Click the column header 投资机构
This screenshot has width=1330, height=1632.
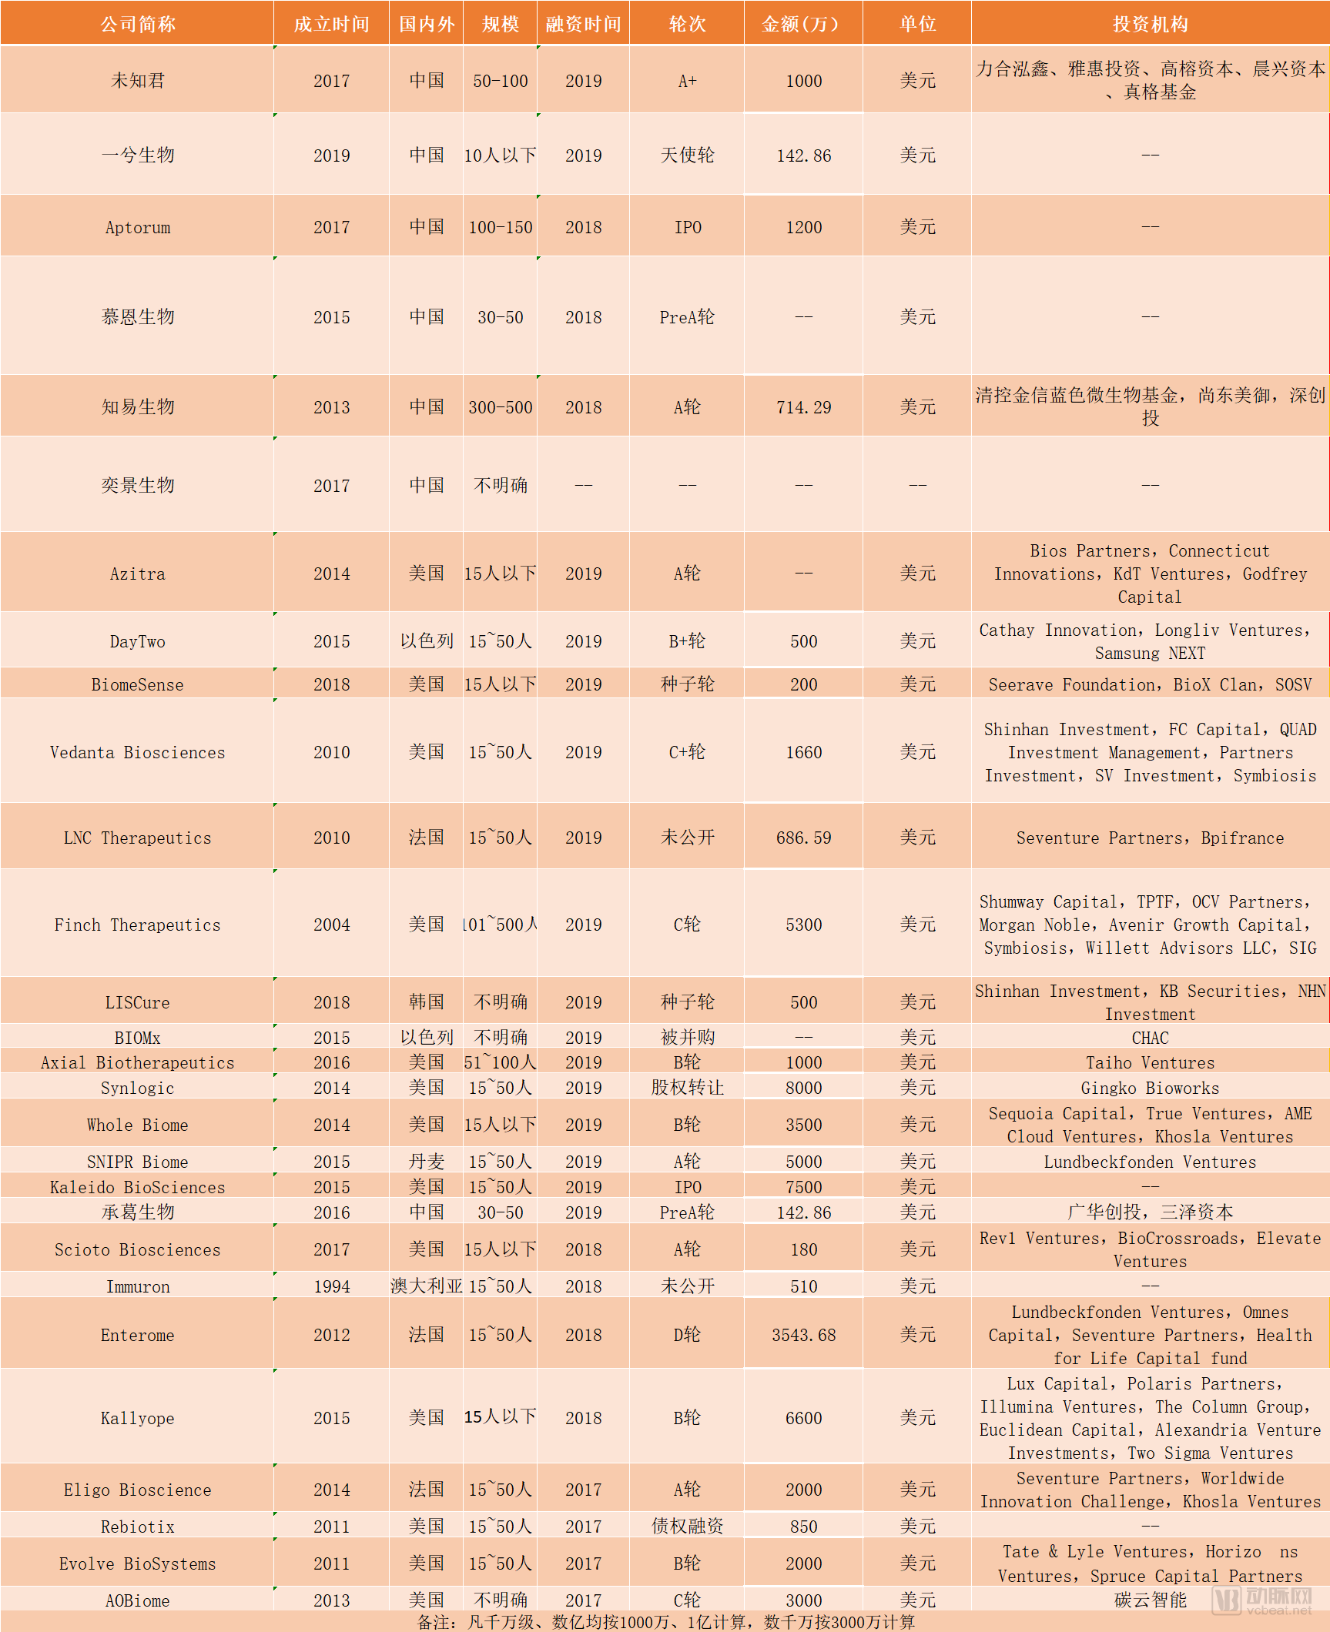click(x=1150, y=24)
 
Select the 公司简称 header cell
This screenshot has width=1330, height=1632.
click(x=138, y=24)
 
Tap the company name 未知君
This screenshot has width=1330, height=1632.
click(x=138, y=81)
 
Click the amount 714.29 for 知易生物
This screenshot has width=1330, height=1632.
click(x=803, y=407)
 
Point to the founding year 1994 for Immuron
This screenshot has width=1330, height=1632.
click(x=331, y=1286)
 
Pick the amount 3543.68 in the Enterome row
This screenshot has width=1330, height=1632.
click(x=803, y=1335)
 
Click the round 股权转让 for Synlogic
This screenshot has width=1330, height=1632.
click(x=687, y=1088)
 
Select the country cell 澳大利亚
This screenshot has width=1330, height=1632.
click(x=426, y=1286)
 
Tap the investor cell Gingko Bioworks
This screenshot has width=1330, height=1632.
click(x=1150, y=1088)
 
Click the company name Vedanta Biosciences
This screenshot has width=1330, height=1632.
click(x=138, y=752)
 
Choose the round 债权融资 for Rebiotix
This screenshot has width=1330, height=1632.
click(x=687, y=1526)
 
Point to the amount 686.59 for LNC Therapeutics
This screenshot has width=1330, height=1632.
click(x=803, y=838)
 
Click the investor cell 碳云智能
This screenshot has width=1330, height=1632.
click(x=1150, y=1600)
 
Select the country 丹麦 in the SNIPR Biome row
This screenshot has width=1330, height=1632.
click(x=426, y=1162)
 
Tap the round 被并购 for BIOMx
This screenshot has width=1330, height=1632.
click(x=687, y=1037)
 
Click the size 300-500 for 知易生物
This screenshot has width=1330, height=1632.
click(x=501, y=407)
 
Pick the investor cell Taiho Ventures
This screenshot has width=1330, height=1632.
click(x=1150, y=1062)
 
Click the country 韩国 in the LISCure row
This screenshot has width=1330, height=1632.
click(x=426, y=1002)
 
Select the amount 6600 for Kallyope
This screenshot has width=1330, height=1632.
click(x=803, y=1418)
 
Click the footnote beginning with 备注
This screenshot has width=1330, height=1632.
click(x=665, y=1622)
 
